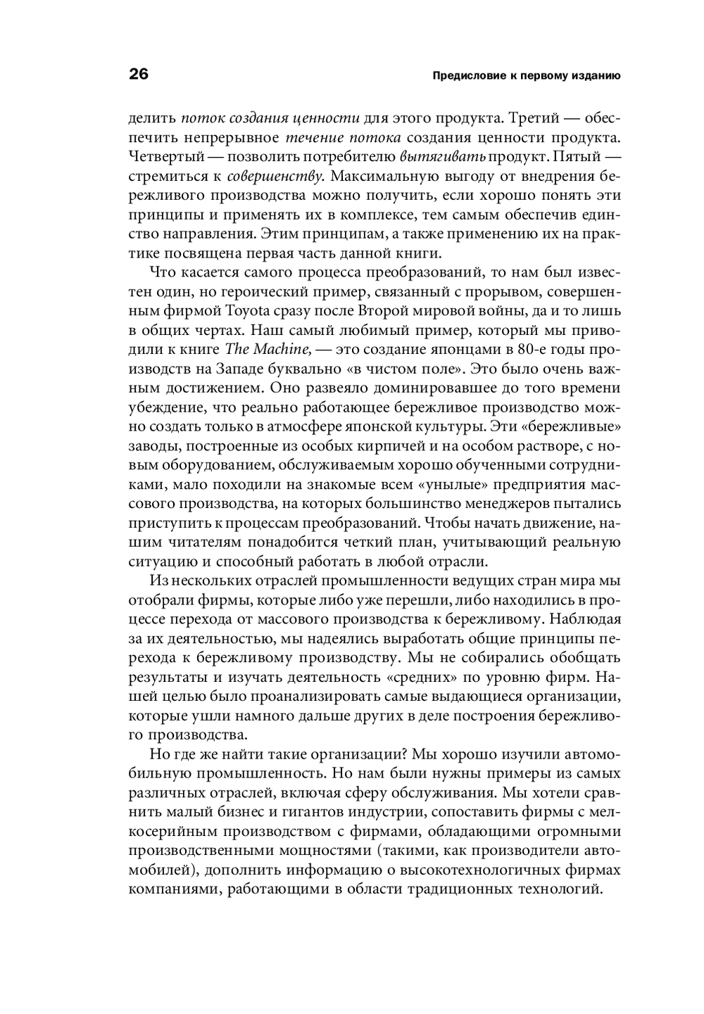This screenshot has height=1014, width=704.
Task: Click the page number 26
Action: (x=139, y=75)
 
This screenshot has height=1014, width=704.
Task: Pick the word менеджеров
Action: (x=501, y=504)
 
